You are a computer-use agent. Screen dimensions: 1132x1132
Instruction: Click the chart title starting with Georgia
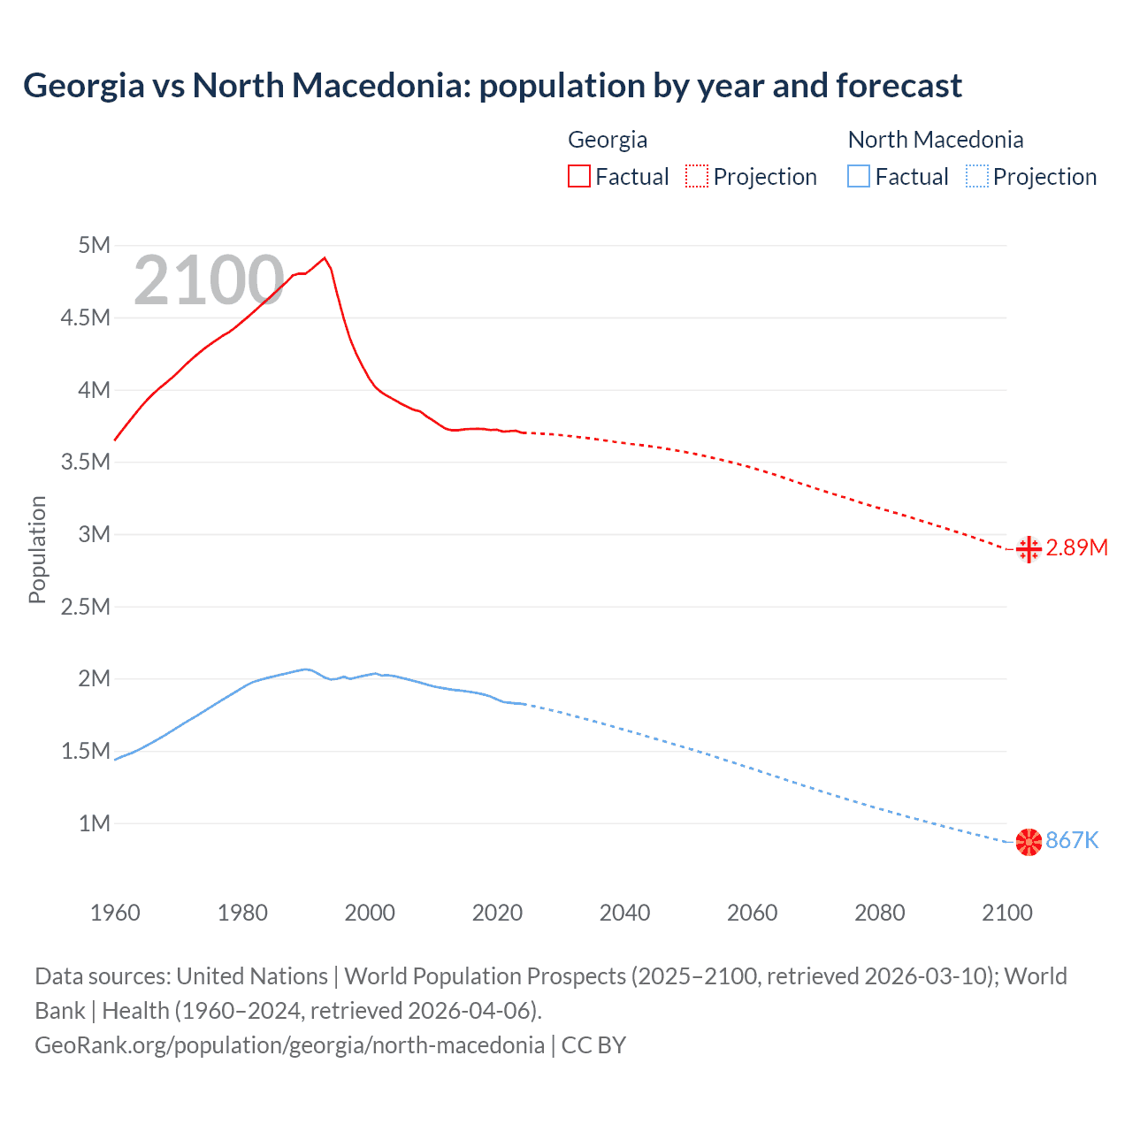(x=492, y=86)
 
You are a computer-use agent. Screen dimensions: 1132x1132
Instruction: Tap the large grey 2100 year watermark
(x=209, y=280)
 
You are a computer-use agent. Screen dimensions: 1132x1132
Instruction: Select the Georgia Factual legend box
(x=578, y=176)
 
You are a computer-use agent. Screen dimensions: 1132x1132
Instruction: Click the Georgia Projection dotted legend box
(x=697, y=176)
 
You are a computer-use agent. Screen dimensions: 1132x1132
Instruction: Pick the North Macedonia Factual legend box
(x=859, y=176)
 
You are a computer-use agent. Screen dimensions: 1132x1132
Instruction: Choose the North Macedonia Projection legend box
(x=976, y=176)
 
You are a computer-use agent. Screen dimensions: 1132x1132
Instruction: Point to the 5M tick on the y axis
(x=94, y=245)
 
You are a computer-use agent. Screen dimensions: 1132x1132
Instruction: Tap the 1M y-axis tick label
(x=94, y=823)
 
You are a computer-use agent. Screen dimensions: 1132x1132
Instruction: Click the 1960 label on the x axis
(x=115, y=913)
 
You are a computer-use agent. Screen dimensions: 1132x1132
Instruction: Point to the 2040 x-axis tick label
(x=624, y=913)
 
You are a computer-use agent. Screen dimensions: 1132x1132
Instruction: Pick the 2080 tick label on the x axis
(x=879, y=913)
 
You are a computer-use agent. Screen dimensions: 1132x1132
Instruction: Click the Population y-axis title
(x=37, y=549)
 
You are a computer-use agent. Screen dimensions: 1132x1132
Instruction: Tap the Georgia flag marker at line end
(x=1029, y=549)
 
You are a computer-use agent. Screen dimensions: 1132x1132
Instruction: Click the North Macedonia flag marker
(x=1029, y=842)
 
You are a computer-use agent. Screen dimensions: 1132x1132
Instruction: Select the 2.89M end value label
(x=1076, y=548)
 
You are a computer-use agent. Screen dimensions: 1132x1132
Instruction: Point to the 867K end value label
(x=1072, y=841)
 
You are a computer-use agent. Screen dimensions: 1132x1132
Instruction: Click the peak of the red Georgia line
(x=325, y=257)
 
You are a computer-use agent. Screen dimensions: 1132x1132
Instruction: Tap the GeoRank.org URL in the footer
(x=289, y=1045)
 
